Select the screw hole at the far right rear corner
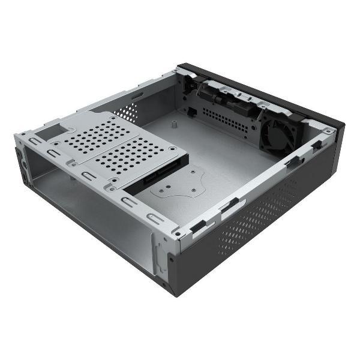[327, 130]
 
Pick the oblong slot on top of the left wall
[137, 95]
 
